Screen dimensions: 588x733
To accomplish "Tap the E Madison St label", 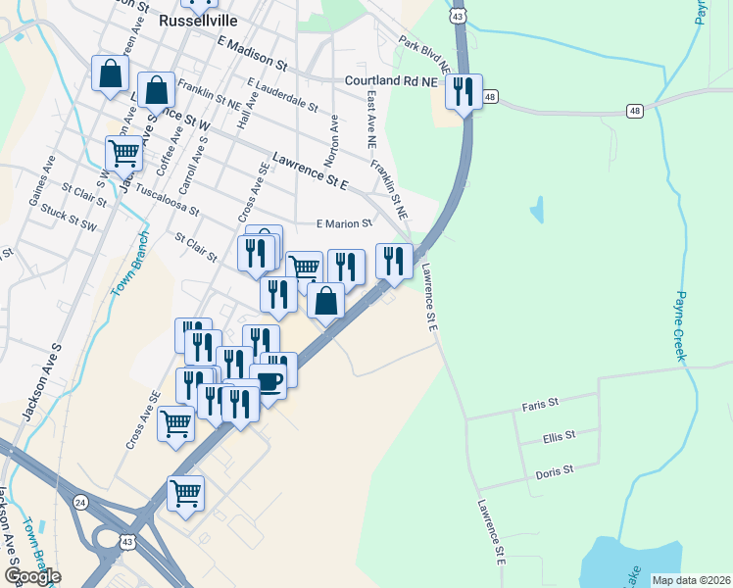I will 253,54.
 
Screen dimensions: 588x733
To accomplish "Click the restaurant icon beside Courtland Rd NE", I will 463,93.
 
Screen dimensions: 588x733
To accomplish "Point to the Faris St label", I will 539,403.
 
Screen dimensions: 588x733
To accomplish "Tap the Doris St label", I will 554,472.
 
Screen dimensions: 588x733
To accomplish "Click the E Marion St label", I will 343,223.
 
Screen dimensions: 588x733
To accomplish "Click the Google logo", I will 31,575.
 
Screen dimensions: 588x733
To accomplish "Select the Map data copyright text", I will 691,580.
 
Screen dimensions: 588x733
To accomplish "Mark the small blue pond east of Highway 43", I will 536,209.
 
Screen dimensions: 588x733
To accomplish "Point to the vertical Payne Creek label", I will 681,326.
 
